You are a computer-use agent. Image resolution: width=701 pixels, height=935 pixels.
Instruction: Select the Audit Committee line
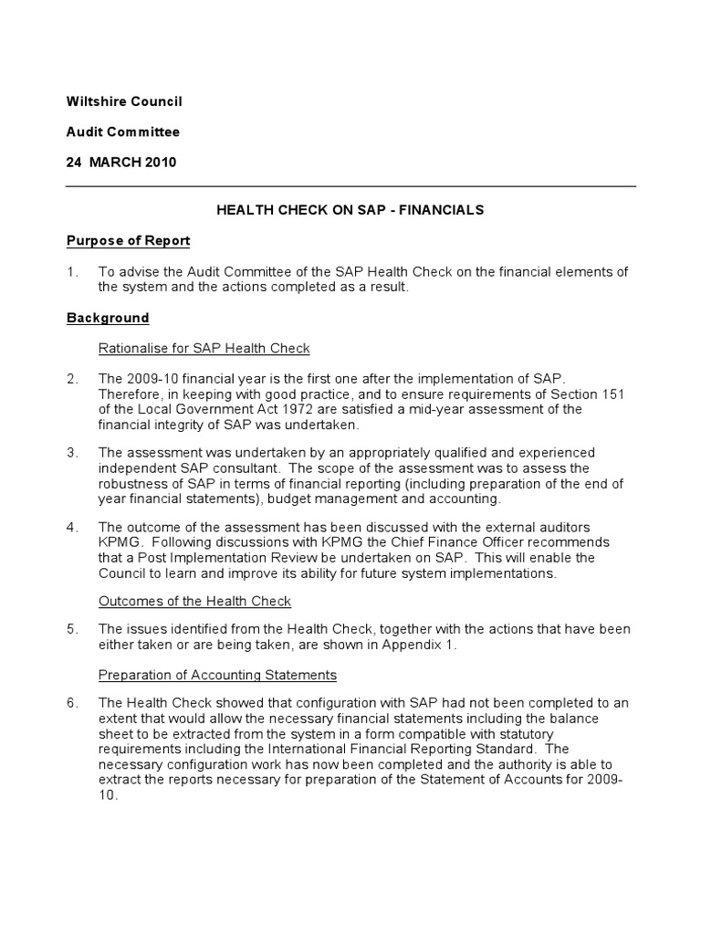(122, 131)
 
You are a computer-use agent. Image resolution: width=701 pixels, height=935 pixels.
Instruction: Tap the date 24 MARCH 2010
(121, 162)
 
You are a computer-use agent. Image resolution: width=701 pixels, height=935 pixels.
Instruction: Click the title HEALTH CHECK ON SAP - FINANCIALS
(350, 210)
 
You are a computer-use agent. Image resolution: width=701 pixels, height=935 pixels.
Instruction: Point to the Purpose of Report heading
(128, 241)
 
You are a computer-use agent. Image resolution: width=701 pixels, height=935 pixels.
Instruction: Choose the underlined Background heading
(108, 318)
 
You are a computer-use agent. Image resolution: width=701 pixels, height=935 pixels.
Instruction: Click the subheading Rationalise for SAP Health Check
(204, 348)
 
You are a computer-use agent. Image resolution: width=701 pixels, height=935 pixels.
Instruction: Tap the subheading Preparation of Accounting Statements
(217, 675)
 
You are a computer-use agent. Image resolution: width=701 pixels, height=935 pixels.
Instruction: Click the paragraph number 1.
(71, 271)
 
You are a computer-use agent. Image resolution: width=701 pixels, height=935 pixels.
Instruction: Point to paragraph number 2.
(72, 378)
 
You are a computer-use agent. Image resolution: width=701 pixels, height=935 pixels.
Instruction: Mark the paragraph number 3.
(72, 453)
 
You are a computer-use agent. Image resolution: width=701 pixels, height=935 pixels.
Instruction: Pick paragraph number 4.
(72, 527)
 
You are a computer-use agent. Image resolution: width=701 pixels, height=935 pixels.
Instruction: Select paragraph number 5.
(72, 630)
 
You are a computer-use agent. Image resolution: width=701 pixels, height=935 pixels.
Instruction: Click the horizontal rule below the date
(350, 186)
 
